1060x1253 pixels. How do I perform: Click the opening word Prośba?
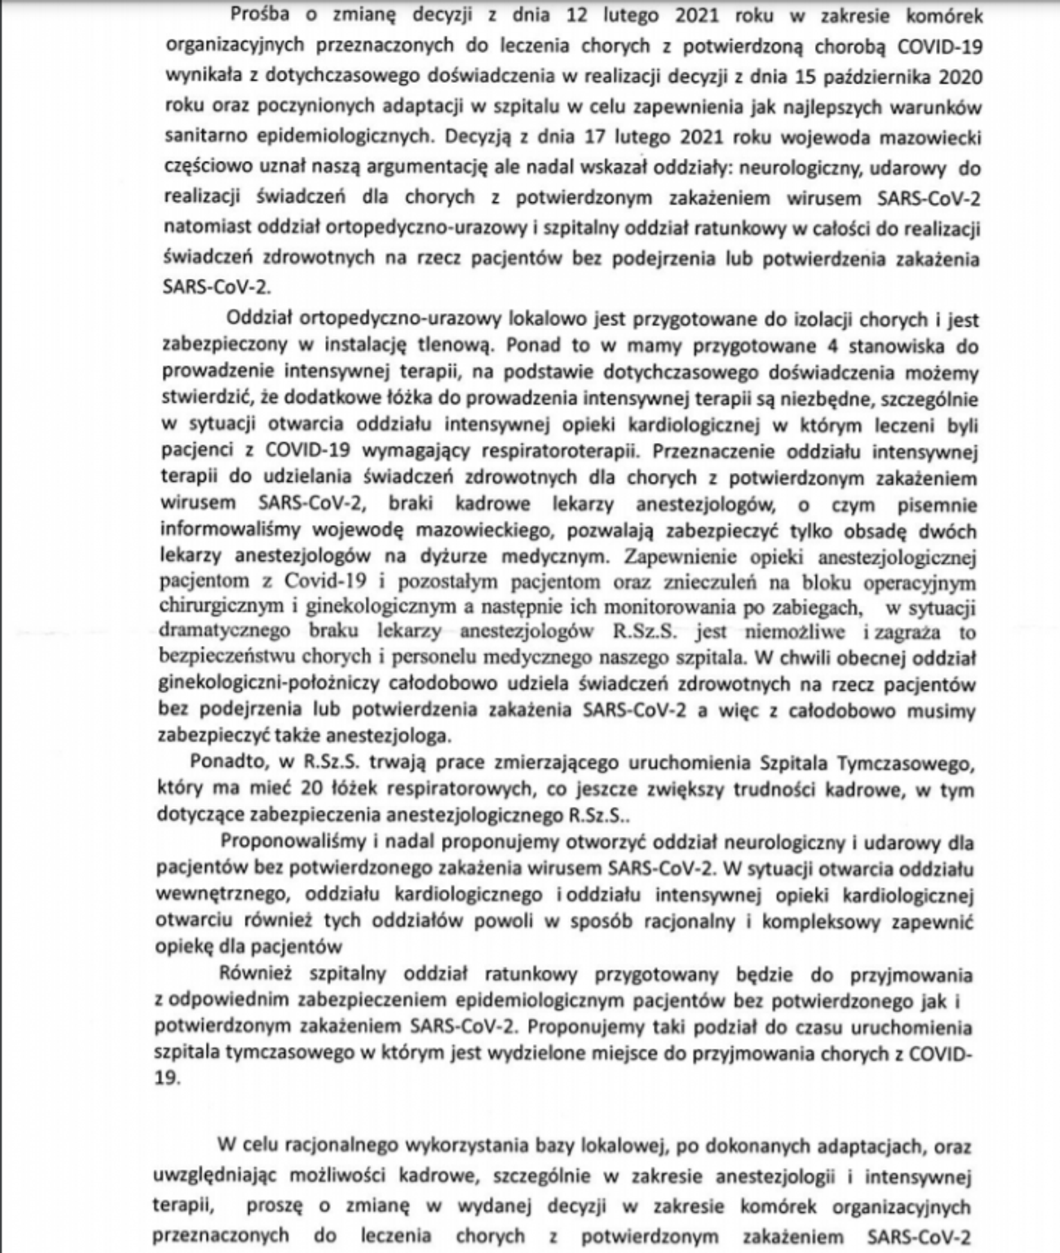click(260, 15)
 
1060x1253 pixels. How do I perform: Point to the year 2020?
click(960, 76)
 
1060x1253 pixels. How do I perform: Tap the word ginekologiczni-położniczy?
click(269, 684)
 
